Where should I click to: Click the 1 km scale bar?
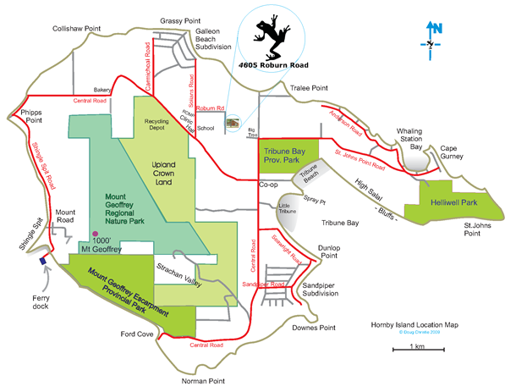tap(416, 353)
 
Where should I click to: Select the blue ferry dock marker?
tap(43, 261)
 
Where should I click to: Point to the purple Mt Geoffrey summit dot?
tap(96, 234)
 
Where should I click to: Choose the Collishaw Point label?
tap(77, 28)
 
